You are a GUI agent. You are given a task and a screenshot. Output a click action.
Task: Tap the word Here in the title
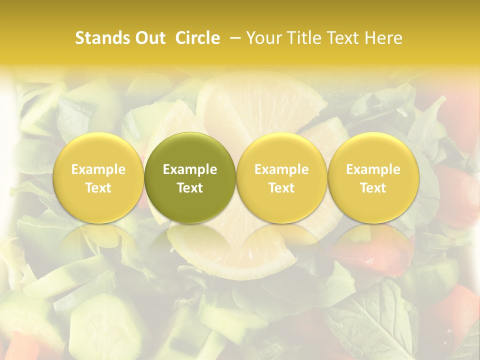click(x=384, y=38)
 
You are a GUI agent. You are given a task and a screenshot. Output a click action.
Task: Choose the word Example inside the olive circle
click(x=190, y=169)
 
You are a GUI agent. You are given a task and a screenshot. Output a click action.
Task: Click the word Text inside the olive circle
click(x=190, y=188)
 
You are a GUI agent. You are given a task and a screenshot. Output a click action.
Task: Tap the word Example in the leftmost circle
click(x=98, y=169)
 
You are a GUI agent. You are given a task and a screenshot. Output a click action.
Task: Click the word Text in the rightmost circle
click(x=373, y=188)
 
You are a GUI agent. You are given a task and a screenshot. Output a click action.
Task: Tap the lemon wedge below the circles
click(x=235, y=255)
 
